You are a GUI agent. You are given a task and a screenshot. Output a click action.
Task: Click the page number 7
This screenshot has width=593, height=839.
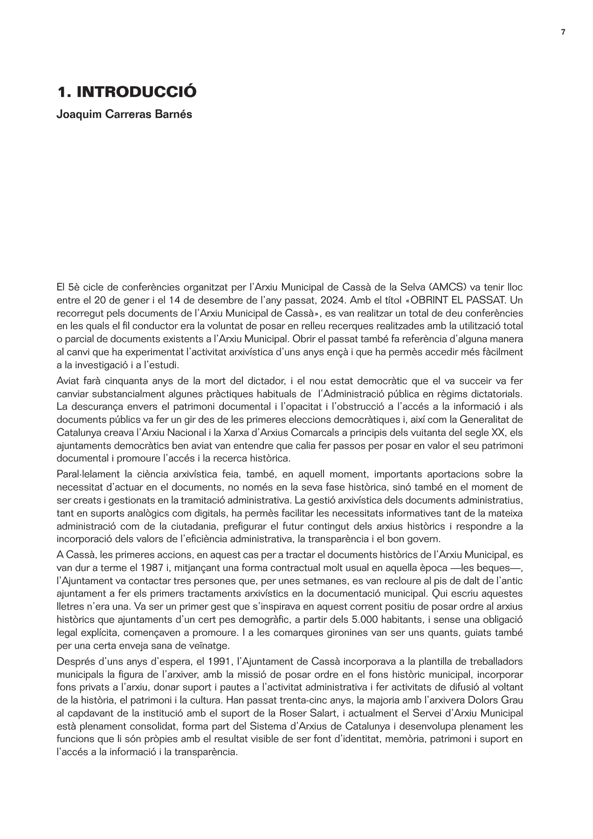pyautogui.click(x=563, y=32)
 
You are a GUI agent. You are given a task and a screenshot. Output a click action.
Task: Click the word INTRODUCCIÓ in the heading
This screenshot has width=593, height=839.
pyautogui.click(x=136, y=92)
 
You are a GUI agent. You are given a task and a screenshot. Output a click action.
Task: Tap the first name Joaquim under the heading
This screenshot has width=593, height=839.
pyautogui.click(x=75, y=114)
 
